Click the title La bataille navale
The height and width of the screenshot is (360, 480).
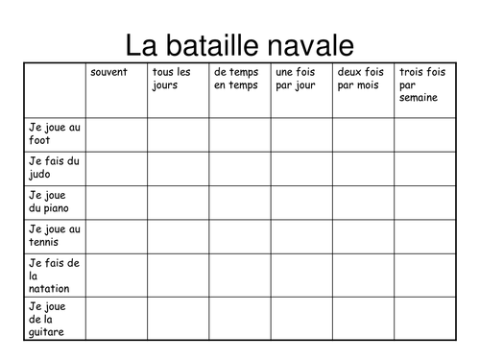[239, 45]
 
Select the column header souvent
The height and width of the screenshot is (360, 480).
[108, 73]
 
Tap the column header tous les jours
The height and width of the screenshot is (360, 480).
[172, 79]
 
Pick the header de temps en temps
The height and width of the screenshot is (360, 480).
[236, 79]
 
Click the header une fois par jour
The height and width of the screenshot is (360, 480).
[295, 79]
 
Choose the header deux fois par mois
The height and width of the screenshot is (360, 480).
[360, 79]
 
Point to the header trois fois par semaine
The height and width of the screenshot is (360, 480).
[422, 84]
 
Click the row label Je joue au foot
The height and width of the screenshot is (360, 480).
[55, 132]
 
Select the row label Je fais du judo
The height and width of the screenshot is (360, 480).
[55, 167]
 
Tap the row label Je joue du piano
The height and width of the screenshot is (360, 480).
[55, 201]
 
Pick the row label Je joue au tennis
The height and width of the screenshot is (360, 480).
[55, 234]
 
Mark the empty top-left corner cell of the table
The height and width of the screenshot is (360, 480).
[55, 89]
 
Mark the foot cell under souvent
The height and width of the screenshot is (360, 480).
[116, 134]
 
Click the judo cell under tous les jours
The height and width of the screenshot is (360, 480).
[178, 168]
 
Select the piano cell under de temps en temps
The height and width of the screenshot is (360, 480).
[240, 202]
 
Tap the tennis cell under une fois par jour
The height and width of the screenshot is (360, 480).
[301, 235]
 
